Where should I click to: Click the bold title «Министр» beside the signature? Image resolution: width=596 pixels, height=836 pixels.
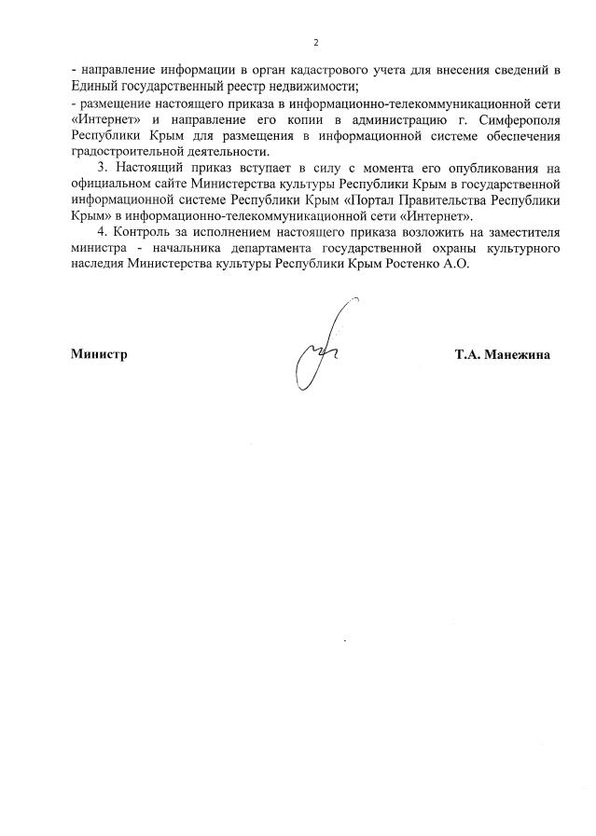point(98,354)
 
